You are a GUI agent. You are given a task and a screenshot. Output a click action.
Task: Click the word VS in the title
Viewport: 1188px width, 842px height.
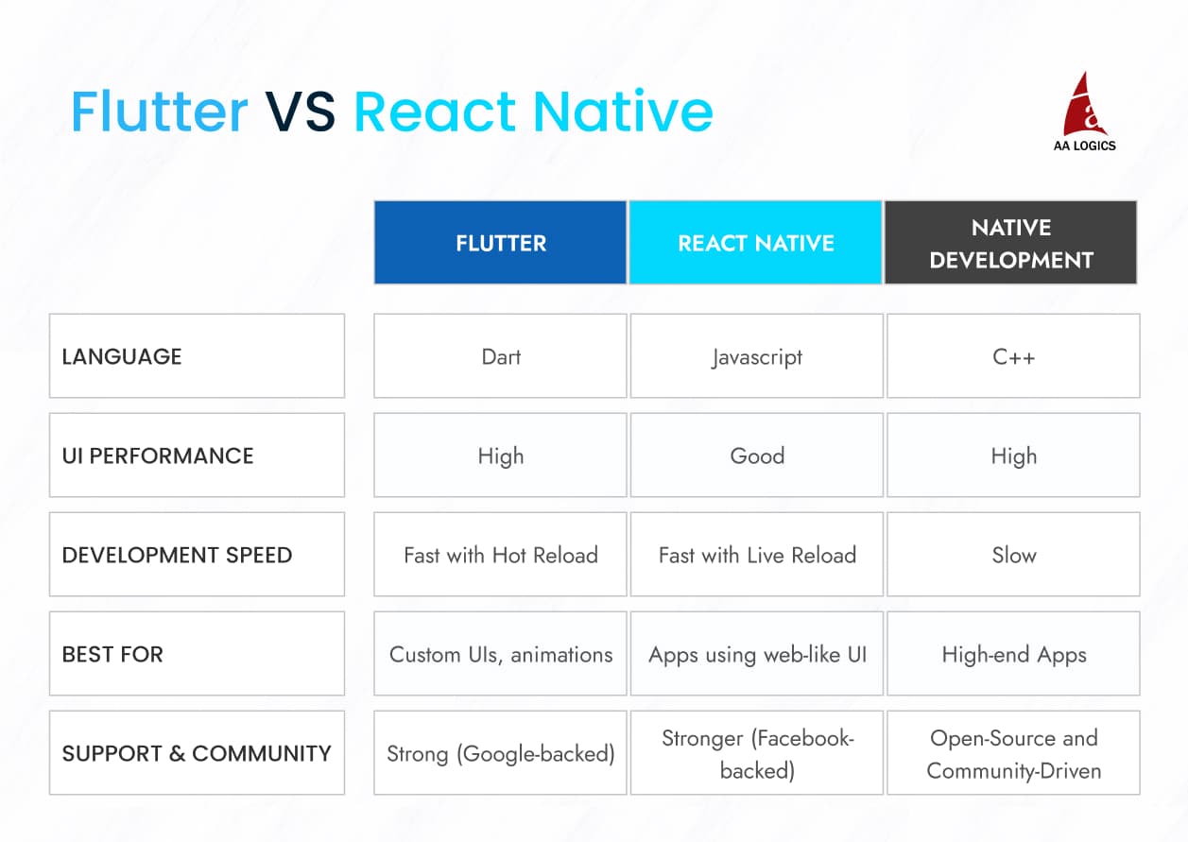pos(300,112)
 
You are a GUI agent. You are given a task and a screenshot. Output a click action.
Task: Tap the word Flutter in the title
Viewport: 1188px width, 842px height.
pos(160,112)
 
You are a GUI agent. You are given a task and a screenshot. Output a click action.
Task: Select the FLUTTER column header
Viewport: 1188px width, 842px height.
pos(500,243)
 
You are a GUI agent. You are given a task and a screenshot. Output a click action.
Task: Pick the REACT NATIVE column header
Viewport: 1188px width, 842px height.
pos(755,243)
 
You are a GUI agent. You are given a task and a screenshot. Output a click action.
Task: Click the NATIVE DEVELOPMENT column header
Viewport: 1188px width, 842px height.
pos(1010,243)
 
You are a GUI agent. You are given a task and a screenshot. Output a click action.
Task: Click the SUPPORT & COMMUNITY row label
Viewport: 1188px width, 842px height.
pos(197,753)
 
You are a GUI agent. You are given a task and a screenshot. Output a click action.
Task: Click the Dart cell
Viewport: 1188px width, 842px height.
pos(500,356)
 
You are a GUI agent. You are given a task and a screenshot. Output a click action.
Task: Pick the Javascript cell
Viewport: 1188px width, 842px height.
pos(756,356)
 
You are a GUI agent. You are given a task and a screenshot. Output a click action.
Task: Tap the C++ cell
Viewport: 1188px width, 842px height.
pos(1013,356)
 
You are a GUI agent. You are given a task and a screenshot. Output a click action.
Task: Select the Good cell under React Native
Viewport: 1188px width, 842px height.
pos(756,455)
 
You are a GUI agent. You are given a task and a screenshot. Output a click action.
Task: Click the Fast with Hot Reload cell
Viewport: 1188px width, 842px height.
pos(500,555)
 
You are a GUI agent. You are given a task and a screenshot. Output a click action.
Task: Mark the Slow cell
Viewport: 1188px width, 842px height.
pos(1013,555)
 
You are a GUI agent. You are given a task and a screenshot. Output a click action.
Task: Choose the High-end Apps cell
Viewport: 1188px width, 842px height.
pos(1013,654)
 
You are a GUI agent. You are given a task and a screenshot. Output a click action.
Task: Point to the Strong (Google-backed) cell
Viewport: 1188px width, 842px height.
pos(500,753)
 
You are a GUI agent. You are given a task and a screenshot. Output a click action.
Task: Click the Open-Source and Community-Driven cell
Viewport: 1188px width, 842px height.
pos(1013,753)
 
